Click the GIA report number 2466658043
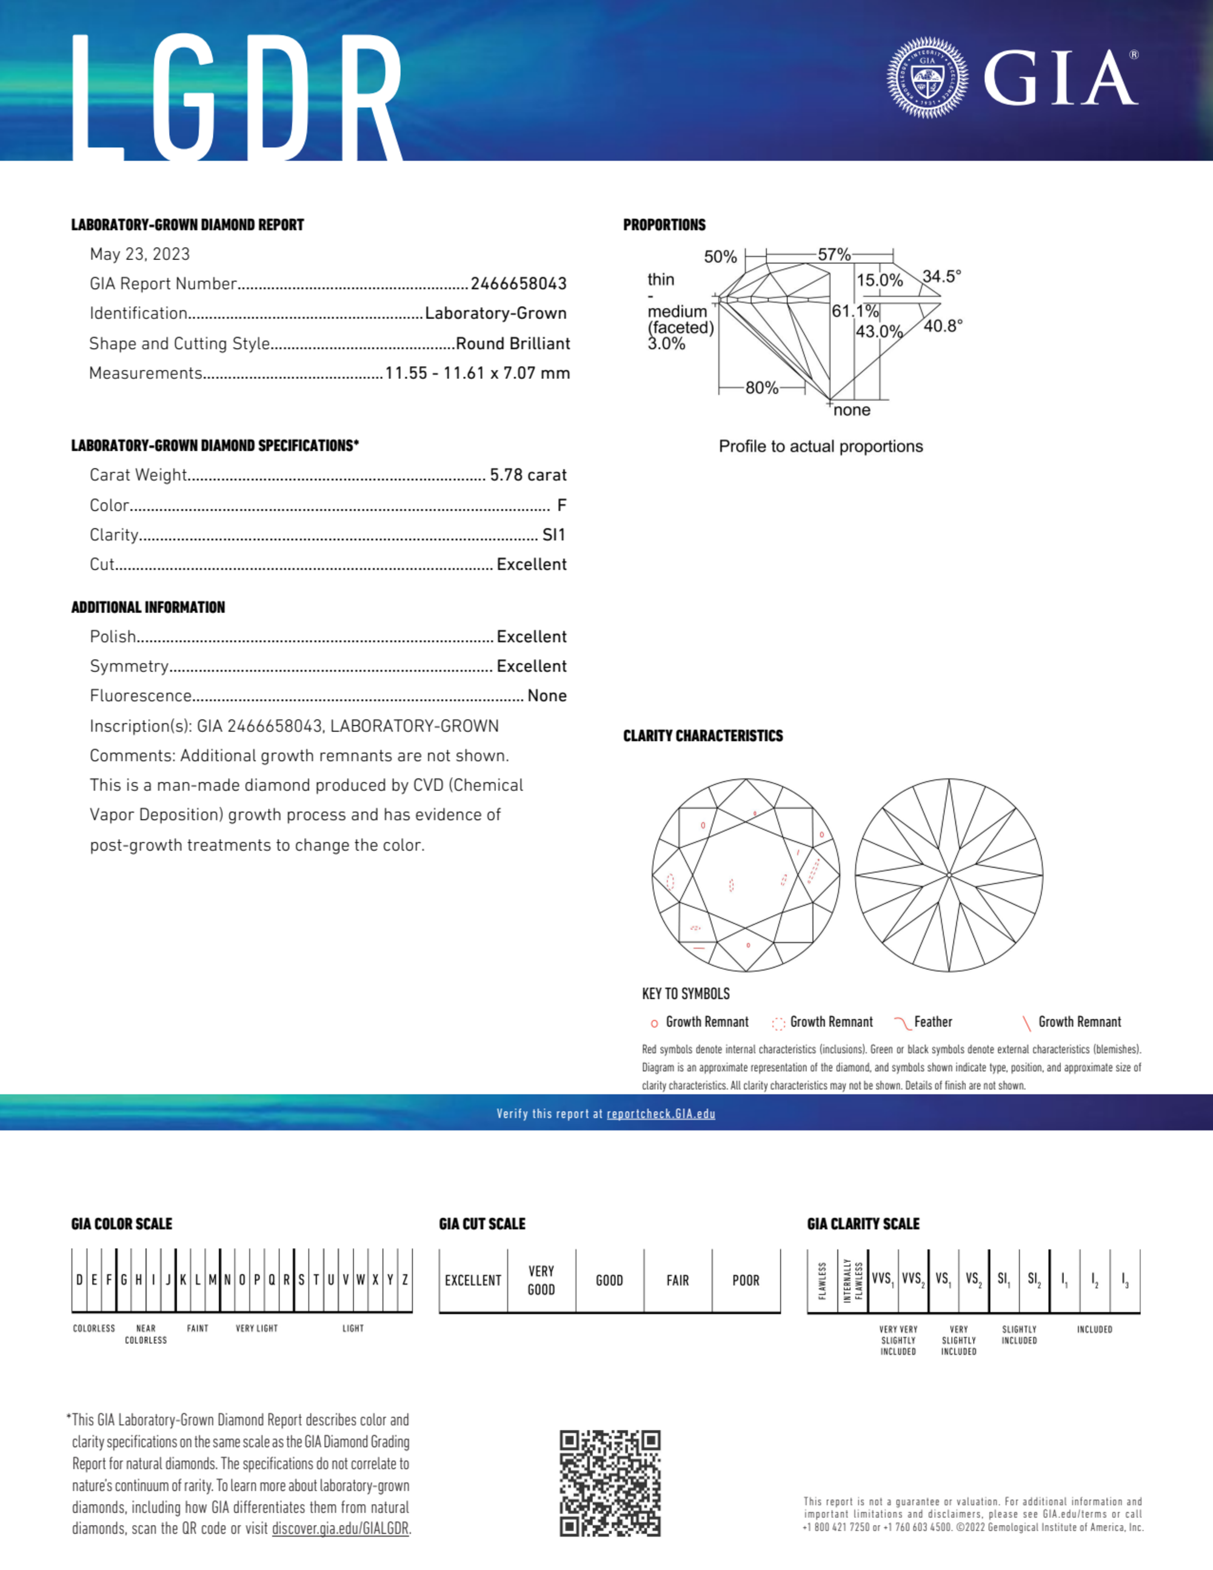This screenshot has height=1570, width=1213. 518,284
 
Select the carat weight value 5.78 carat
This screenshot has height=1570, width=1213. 528,475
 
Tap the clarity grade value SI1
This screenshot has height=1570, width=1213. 553,535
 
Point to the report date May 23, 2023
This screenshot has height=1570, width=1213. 139,255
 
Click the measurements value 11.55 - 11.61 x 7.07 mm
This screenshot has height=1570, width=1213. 478,373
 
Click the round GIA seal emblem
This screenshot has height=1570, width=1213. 927,78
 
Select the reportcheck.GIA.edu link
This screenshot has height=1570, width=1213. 661,1114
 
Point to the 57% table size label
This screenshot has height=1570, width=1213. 834,255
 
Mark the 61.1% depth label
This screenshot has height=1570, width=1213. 855,311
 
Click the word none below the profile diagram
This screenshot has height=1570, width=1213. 852,410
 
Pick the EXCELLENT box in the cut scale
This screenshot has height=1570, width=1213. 472,1280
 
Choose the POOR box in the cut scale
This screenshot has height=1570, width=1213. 746,1280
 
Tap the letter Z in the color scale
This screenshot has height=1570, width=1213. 406,1280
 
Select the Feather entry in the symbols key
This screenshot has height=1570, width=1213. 932,1021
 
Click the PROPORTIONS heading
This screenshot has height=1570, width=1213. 664,225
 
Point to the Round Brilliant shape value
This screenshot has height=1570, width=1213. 513,344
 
